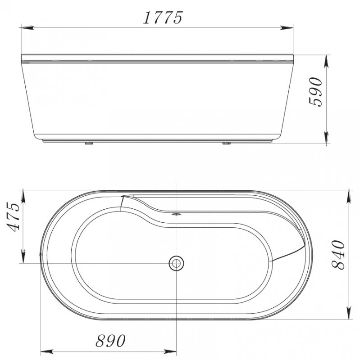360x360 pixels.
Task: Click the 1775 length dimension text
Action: point(163,18)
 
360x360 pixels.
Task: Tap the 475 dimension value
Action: point(13,217)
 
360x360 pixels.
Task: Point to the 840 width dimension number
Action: point(338,255)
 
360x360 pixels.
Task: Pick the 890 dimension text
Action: point(110,341)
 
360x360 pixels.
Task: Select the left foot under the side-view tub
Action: point(87,144)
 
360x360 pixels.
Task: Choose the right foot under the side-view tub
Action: point(225,144)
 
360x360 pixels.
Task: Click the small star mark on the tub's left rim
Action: point(41,255)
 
